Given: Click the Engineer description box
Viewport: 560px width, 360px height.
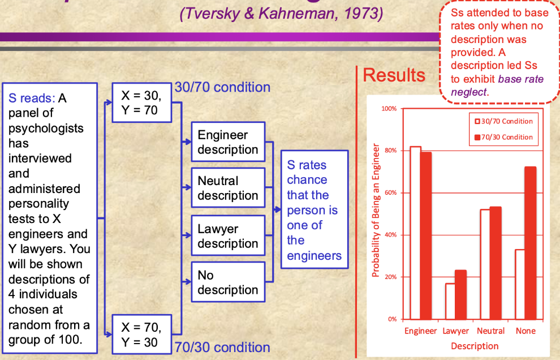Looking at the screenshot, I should (227, 142).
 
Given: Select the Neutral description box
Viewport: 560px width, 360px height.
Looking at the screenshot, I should (227, 188).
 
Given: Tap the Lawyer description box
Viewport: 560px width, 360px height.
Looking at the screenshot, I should (227, 236).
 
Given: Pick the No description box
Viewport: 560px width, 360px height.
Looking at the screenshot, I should (227, 282).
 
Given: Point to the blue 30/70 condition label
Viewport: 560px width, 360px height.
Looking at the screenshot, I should (222, 87).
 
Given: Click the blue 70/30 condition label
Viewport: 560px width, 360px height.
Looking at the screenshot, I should (222, 347).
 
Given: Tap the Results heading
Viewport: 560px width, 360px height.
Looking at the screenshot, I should (394, 75).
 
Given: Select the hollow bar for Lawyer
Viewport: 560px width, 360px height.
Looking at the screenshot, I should (450, 301).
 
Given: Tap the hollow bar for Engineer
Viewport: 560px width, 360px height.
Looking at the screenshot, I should (415, 232).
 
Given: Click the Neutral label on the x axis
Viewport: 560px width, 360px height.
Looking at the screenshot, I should (490, 331).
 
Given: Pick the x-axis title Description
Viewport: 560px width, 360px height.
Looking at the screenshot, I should (475, 346).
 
